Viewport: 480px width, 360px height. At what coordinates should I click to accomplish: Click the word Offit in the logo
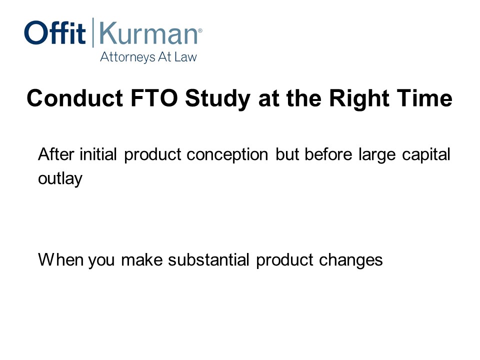55,32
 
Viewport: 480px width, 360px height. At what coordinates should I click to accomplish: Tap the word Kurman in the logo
148,33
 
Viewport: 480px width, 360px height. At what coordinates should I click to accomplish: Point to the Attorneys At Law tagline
148,57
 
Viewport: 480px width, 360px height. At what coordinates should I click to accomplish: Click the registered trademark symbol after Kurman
200,30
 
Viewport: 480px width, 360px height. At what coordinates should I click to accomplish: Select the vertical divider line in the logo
93,32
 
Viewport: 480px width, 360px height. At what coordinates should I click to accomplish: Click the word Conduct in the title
75,98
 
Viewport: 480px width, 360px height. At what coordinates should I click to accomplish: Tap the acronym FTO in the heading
154,98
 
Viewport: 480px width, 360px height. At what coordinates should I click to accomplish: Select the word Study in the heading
217,99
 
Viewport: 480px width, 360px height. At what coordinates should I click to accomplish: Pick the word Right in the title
359,99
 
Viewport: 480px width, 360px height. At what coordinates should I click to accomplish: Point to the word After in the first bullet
56,154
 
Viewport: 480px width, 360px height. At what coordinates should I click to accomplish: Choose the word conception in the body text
227,155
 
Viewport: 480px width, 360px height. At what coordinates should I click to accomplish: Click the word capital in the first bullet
426,154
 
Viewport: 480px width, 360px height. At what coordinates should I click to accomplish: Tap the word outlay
60,178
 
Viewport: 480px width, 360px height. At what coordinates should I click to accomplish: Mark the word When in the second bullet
60,259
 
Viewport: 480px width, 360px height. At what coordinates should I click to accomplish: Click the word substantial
209,259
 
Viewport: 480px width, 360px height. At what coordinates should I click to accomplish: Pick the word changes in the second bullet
351,260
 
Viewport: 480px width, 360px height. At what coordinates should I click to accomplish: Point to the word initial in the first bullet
98,154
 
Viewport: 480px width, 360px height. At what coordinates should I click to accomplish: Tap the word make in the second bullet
141,259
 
